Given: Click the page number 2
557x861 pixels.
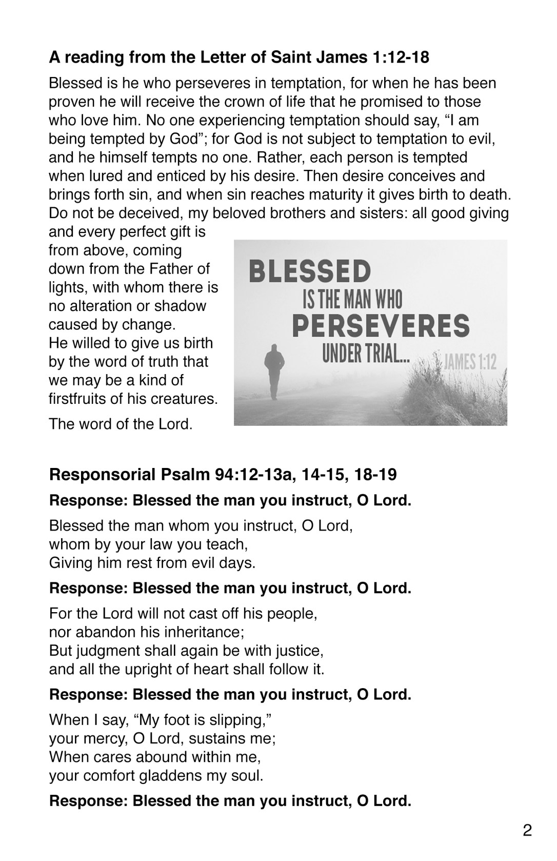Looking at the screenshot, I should (527, 830).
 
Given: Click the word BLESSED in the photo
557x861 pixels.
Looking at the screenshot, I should (309, 271).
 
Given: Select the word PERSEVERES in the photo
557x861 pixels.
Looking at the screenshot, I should (381, 326).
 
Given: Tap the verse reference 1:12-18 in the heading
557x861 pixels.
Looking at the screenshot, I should (399, 57).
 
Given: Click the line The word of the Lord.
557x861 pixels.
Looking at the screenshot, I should (121, 424).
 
